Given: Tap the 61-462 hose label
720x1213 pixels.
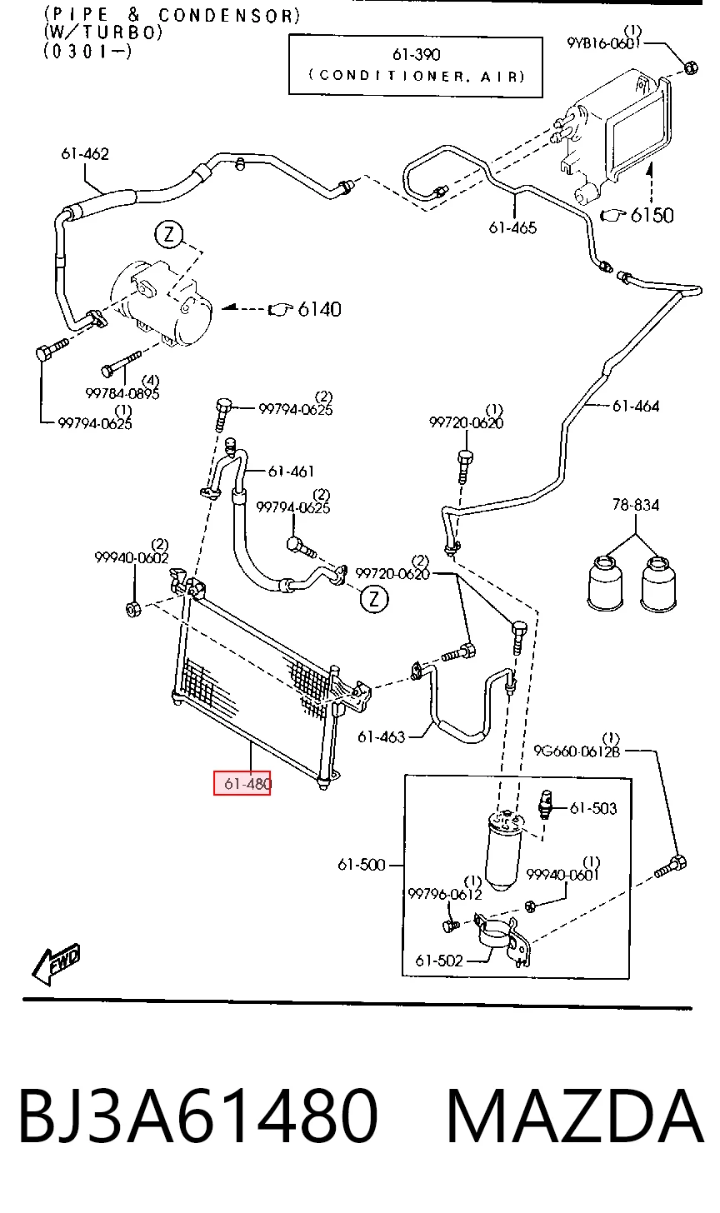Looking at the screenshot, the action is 85,154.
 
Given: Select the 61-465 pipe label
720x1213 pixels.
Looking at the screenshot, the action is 512,228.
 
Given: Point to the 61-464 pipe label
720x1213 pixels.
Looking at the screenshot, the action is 636,407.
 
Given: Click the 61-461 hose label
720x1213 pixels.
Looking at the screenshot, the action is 292,472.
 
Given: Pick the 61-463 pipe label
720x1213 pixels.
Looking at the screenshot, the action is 382,736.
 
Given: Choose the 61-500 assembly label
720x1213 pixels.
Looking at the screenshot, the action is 362,865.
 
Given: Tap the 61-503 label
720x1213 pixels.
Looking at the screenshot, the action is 593,808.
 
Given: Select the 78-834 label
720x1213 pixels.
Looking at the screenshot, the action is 636,505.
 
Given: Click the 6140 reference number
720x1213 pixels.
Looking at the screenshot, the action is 320,309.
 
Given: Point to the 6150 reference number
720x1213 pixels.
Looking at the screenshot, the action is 652,216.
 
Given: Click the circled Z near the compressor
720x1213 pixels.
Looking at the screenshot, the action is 169,234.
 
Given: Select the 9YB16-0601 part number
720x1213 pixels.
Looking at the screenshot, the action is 604,42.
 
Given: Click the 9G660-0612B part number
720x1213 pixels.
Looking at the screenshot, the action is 577,751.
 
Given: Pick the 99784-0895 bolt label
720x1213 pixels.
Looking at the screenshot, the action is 122,394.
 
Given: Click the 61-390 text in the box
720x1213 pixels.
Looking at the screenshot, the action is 417,55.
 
